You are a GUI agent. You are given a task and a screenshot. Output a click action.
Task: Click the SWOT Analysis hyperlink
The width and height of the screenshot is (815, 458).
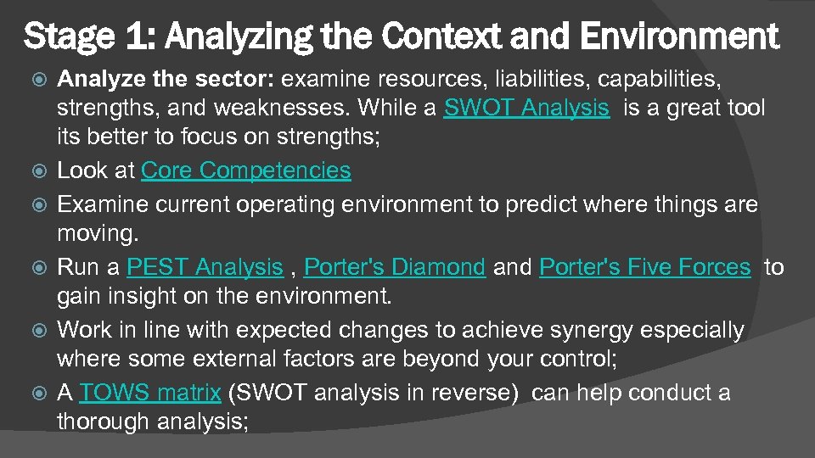[526, 108]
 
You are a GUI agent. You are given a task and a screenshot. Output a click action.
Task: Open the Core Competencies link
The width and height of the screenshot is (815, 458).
[245, 170]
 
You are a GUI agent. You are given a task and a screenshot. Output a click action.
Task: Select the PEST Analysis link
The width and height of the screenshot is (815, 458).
[204, 268]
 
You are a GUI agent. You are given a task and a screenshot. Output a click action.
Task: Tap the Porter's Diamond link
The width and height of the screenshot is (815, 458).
[394, 268]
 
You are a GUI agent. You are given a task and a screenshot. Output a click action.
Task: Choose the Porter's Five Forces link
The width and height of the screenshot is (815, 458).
[645, 268]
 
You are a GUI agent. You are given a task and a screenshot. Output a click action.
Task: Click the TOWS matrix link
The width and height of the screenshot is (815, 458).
[151, 394]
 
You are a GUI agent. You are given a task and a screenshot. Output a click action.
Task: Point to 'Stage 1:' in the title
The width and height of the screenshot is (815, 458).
[83, 36]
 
